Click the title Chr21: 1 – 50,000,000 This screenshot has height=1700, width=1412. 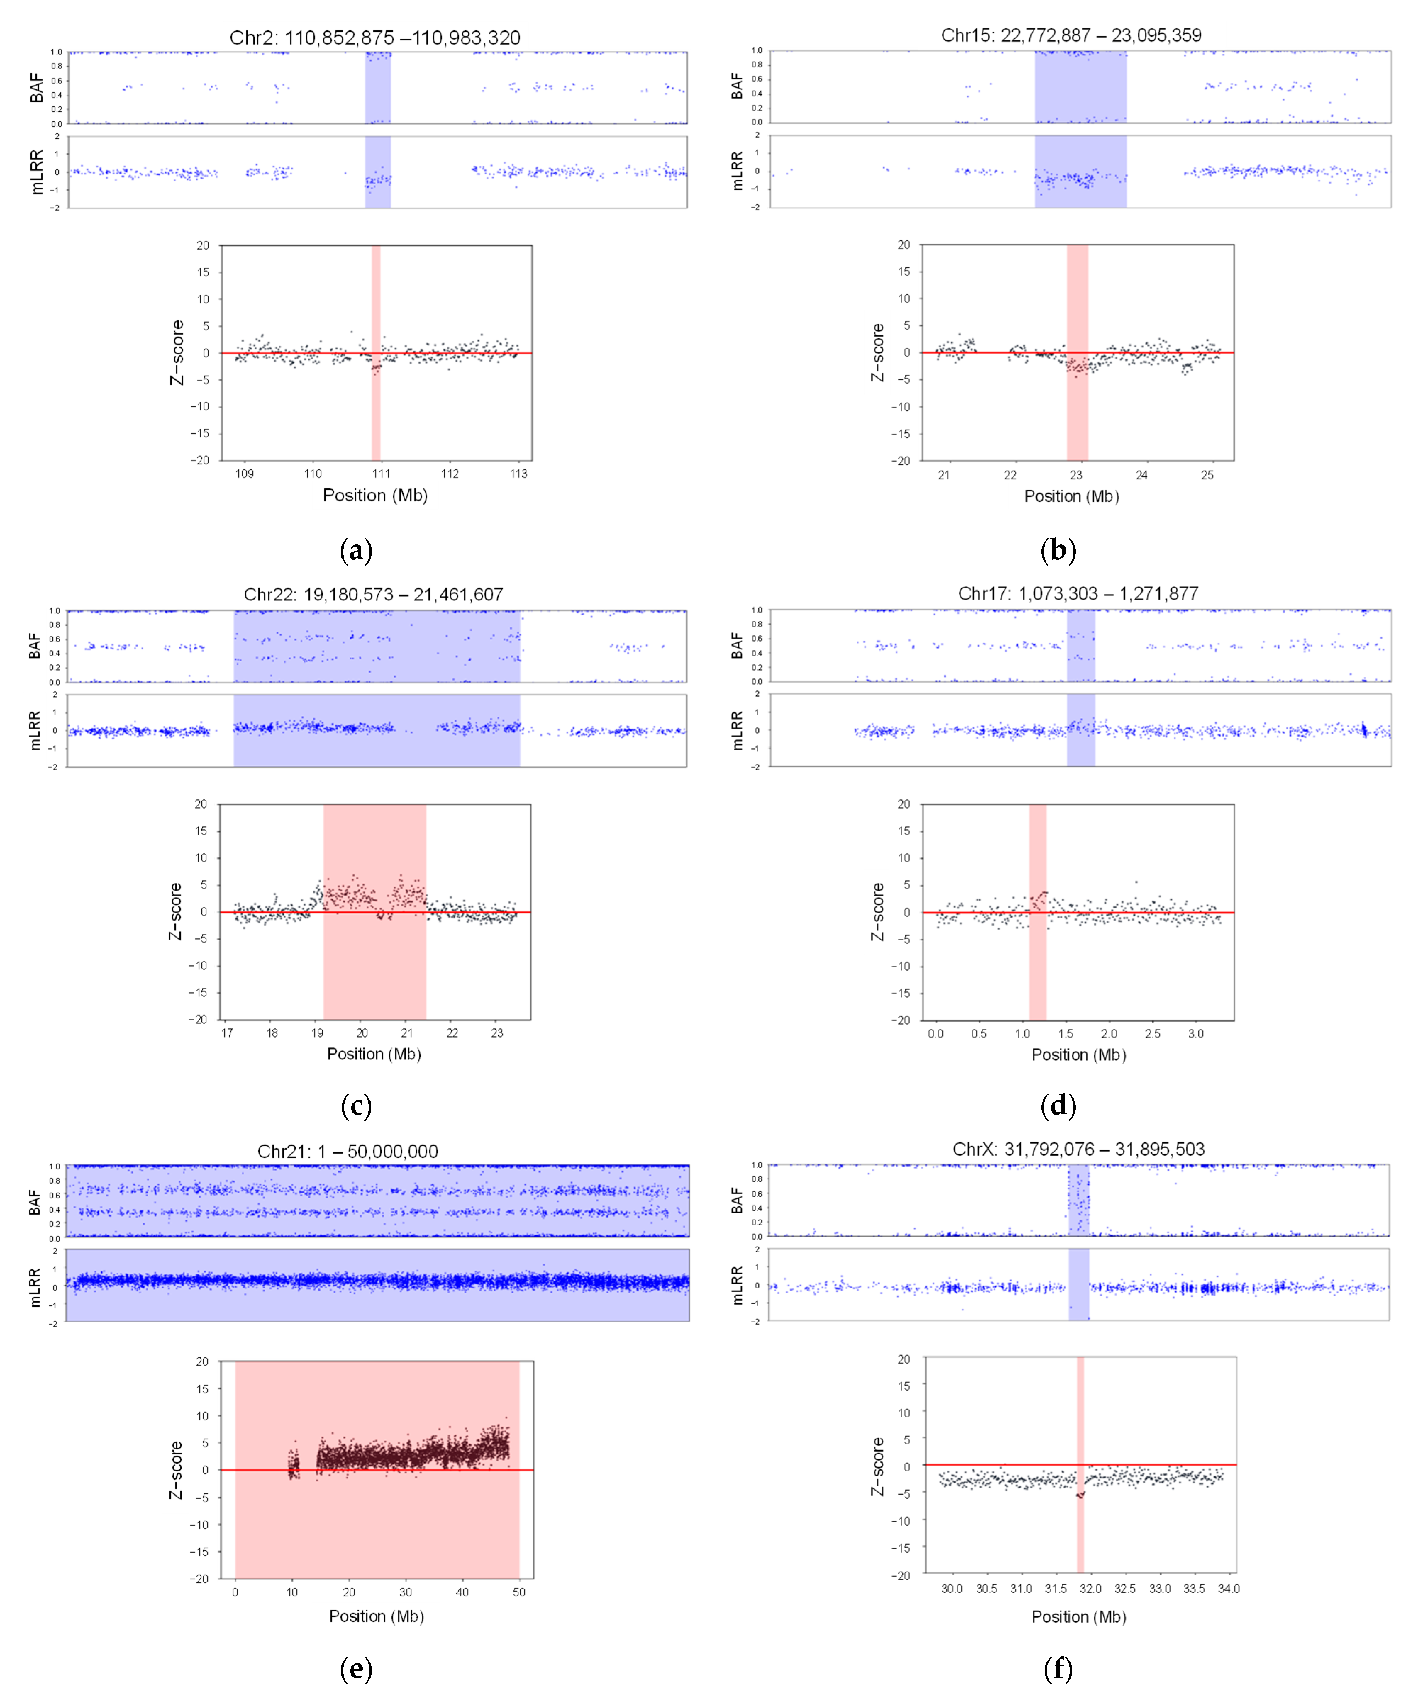click(348, 1151)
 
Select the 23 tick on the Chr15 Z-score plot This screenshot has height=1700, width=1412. click(1076, 475)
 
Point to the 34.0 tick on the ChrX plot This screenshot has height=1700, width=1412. click(1228, 1589)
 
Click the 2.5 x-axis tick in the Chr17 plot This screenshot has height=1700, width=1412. click(1152, 1034)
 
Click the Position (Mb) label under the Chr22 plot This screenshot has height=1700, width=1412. click(374, 1054)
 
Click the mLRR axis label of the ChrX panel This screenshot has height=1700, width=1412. click(737, 1286)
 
